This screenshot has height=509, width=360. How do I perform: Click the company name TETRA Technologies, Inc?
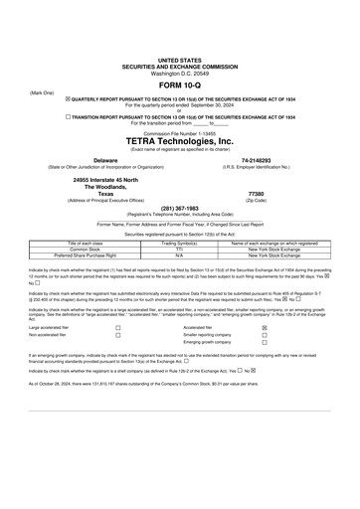[179, 141]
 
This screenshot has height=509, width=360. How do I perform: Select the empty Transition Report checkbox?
[68, 115]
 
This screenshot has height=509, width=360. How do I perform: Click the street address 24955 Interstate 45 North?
[104, 179]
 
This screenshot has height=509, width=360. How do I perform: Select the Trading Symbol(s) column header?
[179, 243]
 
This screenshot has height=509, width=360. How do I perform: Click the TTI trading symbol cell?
[179, 249]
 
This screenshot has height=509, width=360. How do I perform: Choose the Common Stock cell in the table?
[86, 249]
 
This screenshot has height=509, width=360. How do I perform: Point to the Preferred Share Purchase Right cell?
[86, 255]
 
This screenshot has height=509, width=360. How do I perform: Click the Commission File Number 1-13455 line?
[179, 131]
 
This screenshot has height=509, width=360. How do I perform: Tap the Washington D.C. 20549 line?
[179, 74]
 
